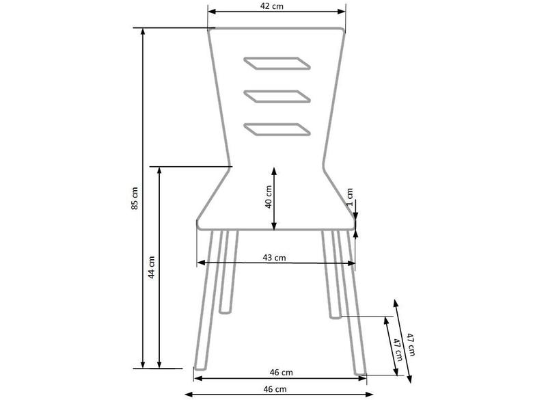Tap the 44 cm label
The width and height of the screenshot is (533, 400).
152,267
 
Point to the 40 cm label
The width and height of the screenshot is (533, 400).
269,197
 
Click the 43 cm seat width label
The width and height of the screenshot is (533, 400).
274,258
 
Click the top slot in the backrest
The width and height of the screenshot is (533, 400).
276,64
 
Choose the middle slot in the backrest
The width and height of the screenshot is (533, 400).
276,96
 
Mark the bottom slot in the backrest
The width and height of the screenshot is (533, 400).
276,129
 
